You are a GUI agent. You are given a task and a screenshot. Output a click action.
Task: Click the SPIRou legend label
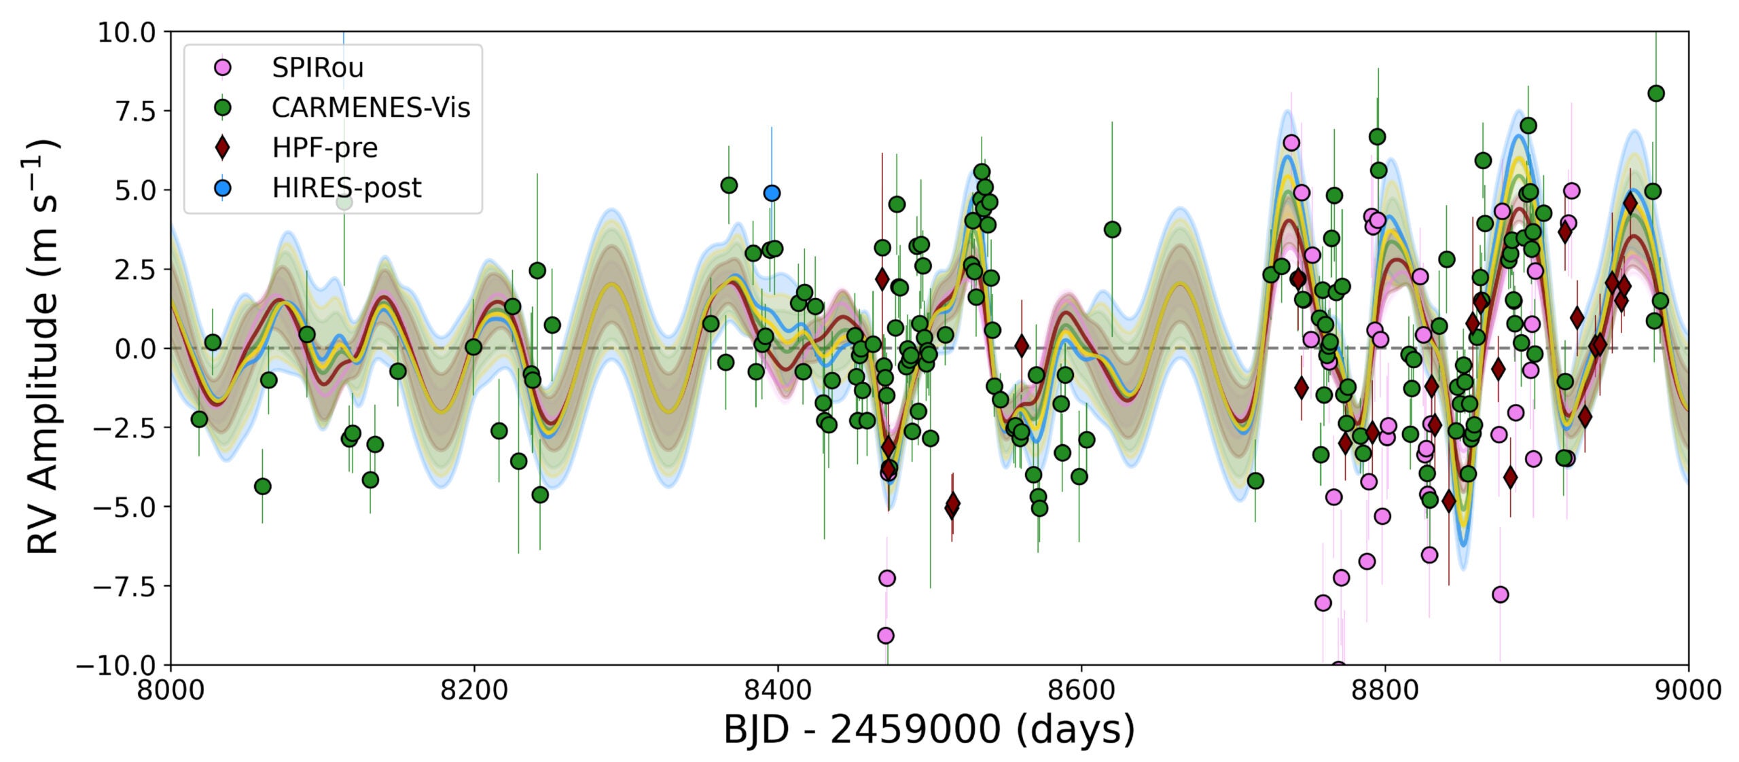317,68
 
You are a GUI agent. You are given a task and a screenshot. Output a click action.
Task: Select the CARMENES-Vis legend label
370,108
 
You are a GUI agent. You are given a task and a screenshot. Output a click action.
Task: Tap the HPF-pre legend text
325,148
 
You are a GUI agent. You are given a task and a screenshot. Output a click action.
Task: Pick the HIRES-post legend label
346,188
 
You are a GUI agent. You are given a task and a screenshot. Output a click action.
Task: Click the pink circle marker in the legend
222,68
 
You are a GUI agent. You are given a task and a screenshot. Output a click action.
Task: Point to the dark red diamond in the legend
222,147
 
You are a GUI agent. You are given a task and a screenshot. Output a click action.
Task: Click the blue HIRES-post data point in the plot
772,193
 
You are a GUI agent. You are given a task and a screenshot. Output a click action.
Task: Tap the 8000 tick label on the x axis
171,691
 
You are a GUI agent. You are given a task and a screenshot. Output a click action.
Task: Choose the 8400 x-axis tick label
777,691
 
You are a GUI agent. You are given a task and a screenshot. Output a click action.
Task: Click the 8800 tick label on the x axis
1384,691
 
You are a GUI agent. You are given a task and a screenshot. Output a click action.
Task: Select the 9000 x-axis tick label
1688,691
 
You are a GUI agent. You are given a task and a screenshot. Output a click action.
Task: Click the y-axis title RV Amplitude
42,348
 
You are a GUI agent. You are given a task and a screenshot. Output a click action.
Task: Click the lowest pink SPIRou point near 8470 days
885,636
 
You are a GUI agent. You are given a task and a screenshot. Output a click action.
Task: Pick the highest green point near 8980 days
1656,94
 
